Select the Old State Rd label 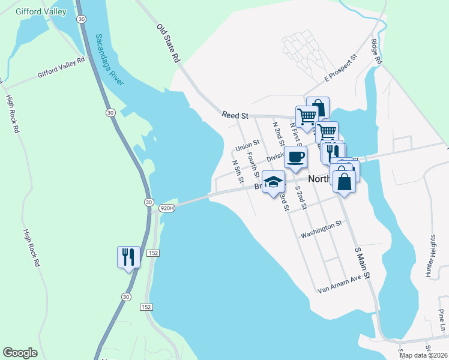[169, 44]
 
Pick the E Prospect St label [340, 68]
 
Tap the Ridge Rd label [376, 52]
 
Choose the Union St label [247, 146]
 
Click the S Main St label [364, 262]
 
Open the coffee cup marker [295, 157]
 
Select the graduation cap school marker [273, 182]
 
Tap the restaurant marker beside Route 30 [128, 257]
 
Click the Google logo [20, 353]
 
